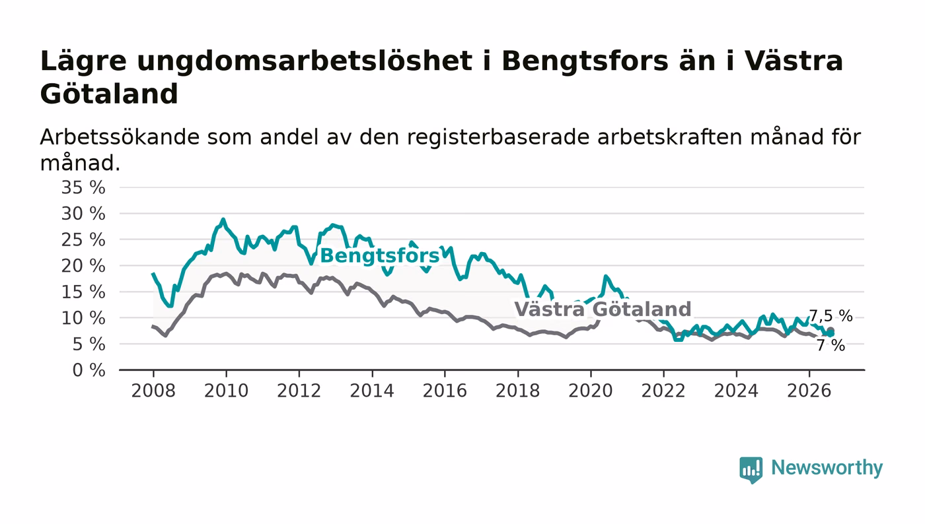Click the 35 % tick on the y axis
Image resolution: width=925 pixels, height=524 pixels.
coord(83,187)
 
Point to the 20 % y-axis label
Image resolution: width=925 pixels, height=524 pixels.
coord(83,266)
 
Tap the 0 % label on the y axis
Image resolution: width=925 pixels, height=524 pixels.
coord(89,370)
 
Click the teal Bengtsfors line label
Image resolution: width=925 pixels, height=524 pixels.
coord(380,256)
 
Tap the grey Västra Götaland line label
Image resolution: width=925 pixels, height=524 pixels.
coord(603,309)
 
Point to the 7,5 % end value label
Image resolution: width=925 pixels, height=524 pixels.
coord(831,316)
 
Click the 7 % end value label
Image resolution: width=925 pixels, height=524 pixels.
coord(831,345)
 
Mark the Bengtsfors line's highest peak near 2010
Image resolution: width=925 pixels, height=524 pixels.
coord(223,219)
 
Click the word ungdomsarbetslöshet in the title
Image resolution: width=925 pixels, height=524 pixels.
coord(305,61)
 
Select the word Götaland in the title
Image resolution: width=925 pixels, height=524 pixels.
coord(109,94)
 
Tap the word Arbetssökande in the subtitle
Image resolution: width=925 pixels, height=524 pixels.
coord(120,137)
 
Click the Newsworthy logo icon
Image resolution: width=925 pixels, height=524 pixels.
coord(751,469)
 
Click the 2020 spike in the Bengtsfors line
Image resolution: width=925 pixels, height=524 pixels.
coord(605,276)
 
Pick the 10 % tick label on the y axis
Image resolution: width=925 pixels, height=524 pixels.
coord(83,319)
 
